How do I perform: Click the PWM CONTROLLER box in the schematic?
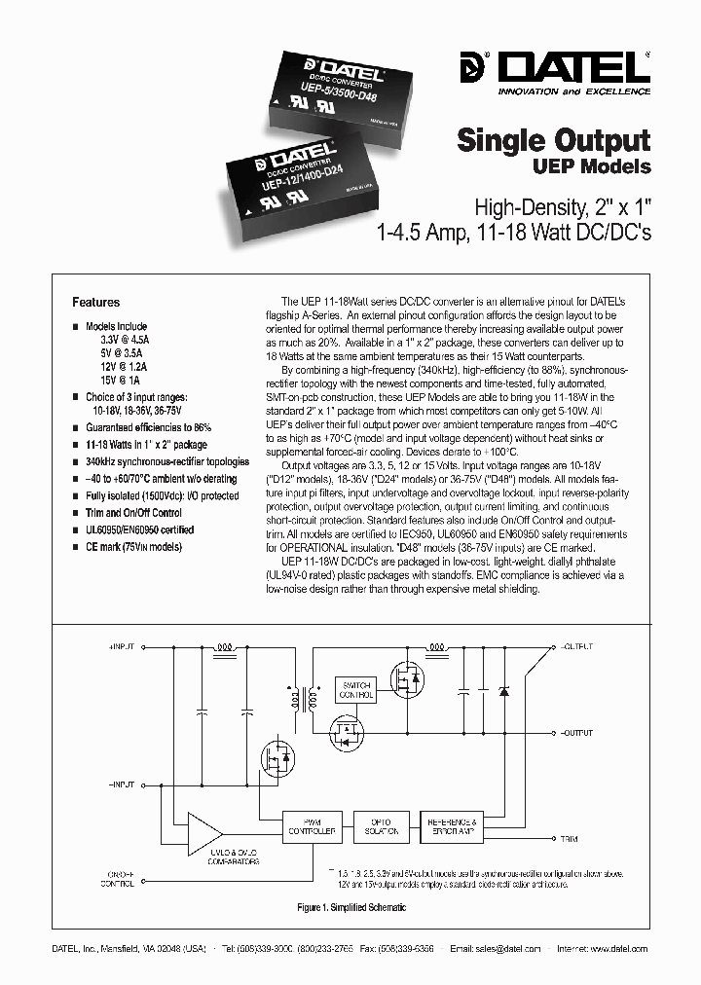tap(311, 826)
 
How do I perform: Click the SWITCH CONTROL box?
tap(354, 690)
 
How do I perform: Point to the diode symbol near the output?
tap(503, 690)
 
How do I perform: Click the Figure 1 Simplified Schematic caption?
tap(350, 907)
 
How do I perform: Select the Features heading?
tap(96, 303)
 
